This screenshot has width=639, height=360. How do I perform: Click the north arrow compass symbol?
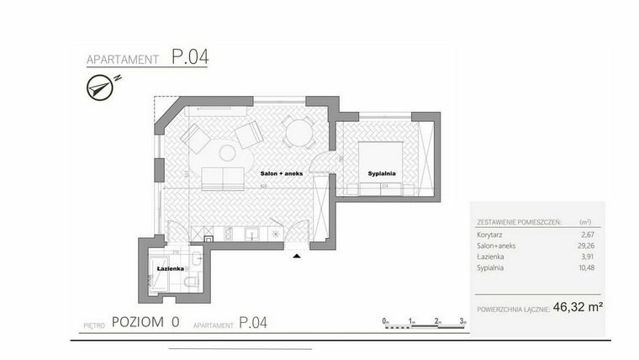pos(102,86)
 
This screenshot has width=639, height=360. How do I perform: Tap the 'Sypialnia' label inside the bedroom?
pos(381,173)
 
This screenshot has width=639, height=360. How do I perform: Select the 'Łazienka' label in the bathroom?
pos(171,268)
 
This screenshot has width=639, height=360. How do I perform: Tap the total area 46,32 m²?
pos(578,308)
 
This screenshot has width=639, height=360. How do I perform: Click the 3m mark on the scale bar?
pos(463,321)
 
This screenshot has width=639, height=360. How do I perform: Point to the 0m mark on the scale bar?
pos(384,321)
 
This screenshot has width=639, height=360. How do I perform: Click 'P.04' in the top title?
pos(190,58)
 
